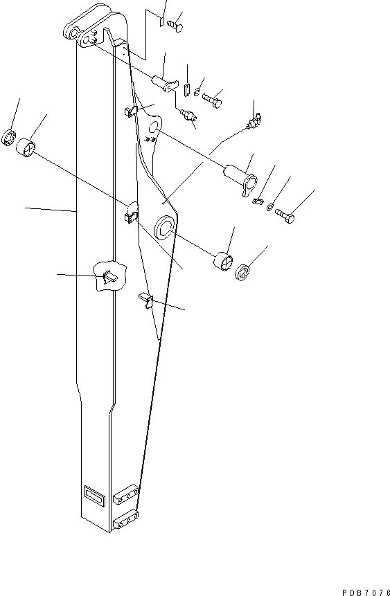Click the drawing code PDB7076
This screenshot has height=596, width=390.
pyautogui.click(x=365, y=573)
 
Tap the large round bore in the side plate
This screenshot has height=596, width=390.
pyautogui.click(x=166, y=227)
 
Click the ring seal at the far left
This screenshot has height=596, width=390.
pyautogui.click(x=9, y=137)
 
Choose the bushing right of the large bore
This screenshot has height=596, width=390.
pyautogui.click(x=223, y=263)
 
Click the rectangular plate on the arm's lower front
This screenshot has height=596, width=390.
pyautogui.click(x=92, y=493)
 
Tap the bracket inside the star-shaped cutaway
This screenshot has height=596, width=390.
pyautogui.click(x=108, y=277)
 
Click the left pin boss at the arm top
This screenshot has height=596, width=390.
pyautogui.click(x=70, y=33)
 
